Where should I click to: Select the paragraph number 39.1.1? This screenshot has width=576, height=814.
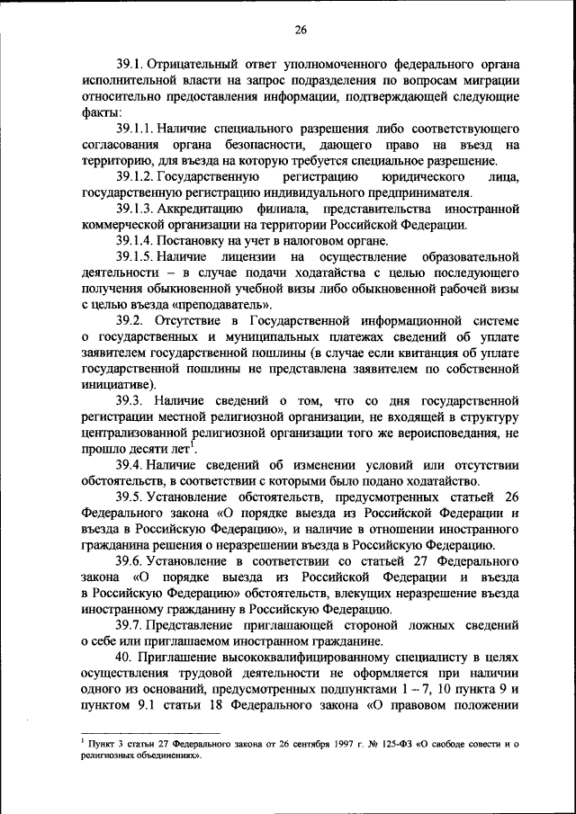(137, 130)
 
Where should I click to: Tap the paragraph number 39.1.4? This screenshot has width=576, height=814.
(137, 240)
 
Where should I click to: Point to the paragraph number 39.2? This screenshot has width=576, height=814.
(131, 319)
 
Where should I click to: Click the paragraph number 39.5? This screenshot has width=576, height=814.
(131, 496)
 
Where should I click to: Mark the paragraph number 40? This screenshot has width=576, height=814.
(124, 657)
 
